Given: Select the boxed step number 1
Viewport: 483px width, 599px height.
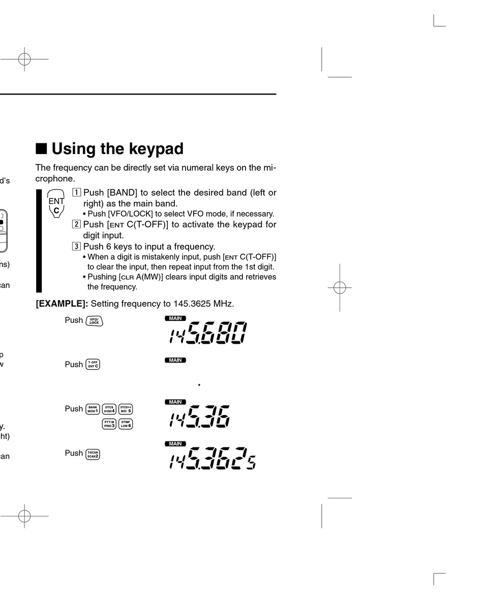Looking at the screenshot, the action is pyautogui.click(x=76, y=193).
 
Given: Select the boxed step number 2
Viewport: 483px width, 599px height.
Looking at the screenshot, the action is pyautogui.click(x=76, y=224).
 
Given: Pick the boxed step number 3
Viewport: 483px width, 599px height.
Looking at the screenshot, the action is pyautogui.click(x=76, y=247).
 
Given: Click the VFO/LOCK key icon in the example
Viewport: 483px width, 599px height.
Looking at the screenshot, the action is pyautogui.click(x=94, y=321).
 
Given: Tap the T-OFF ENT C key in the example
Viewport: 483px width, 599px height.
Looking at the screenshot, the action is pyautogui.click(x=93, y=365).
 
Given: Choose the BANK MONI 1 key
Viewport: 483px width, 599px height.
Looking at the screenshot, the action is pyautogui.click(x=93, y=409).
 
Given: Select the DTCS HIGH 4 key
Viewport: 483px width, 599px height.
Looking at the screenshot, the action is pyautogui.click(x=109, y=409).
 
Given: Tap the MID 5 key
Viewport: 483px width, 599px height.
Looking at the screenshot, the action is pyautogui.click(x=126, y=409).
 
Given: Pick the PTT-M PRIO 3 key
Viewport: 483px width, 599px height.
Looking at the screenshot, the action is pyautogui.click(x=109, y=423).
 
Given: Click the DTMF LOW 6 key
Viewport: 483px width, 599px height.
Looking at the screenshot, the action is pyautogui.click(x=126, y=423).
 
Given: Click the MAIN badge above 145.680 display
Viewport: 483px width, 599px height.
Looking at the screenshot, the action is pyautogui.click(x=175, y=318).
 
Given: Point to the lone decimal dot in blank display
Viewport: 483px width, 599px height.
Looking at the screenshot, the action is pyautogui.click(x=199, y=385).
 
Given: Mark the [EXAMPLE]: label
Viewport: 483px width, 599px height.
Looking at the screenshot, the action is pyautogui.click(x=62, y=304).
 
